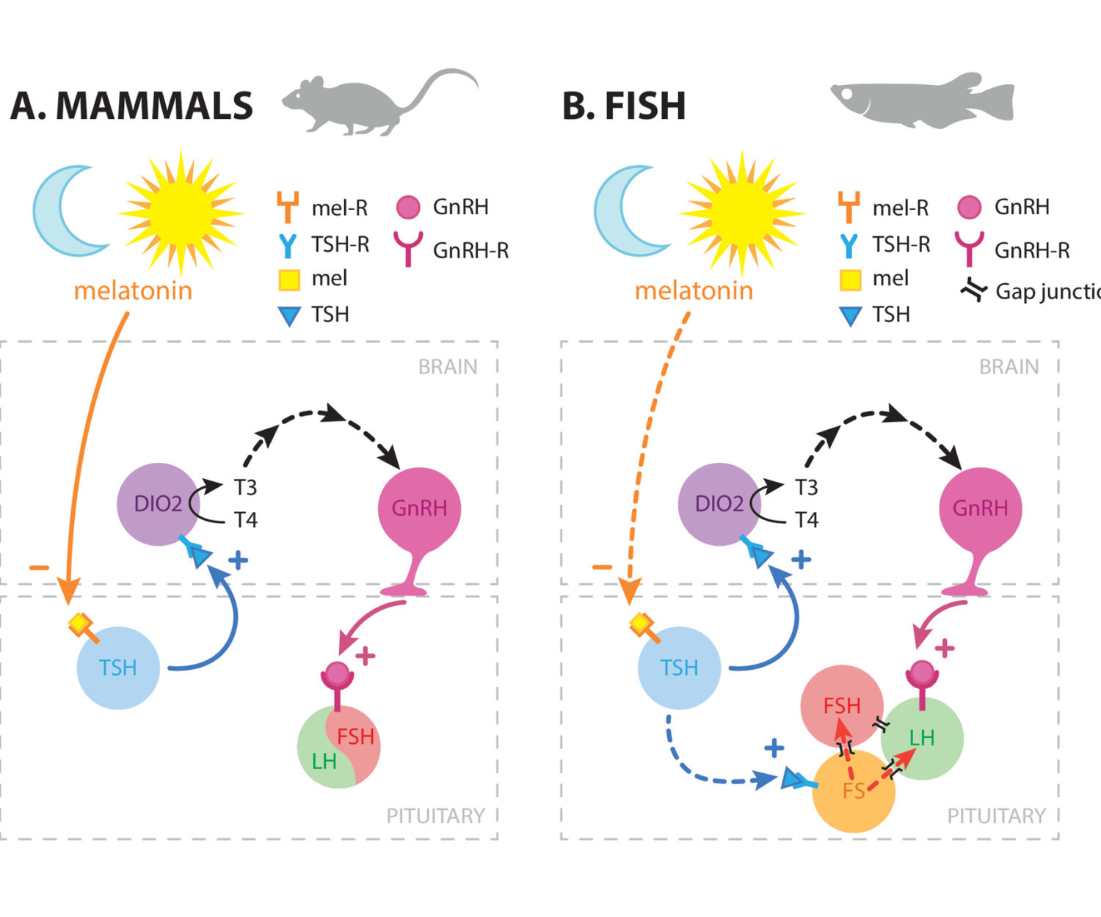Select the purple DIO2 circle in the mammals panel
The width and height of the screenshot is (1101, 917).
pyautogui.click(x=158, y=504)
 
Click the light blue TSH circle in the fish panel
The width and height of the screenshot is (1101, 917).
pyautogui.click(x=679, y=668)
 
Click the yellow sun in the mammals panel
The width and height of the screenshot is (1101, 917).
pyautogui.click(x=181, y=212)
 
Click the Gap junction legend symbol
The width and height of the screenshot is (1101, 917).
pyautogui.click(x=974, y=291)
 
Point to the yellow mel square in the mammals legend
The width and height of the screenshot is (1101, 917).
pyautogui.click(x=289, y=280)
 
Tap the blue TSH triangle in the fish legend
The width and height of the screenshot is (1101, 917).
pyautogui.click(x=850, y=316)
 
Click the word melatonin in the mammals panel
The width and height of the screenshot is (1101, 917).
pyautogui.click(x=133, y=291)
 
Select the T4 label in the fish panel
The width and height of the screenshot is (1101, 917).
pyautogui.click(x=807, y=520)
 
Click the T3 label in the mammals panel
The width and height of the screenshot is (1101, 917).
pyautogui.click(x=245, y=487)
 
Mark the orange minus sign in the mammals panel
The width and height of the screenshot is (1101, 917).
pyautogui.click(x=39, y=567)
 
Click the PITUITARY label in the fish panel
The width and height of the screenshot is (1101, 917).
pyautogui.click(x=996, y=816)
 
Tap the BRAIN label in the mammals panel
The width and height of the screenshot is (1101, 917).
pyautogui.click(x=448, y=367)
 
